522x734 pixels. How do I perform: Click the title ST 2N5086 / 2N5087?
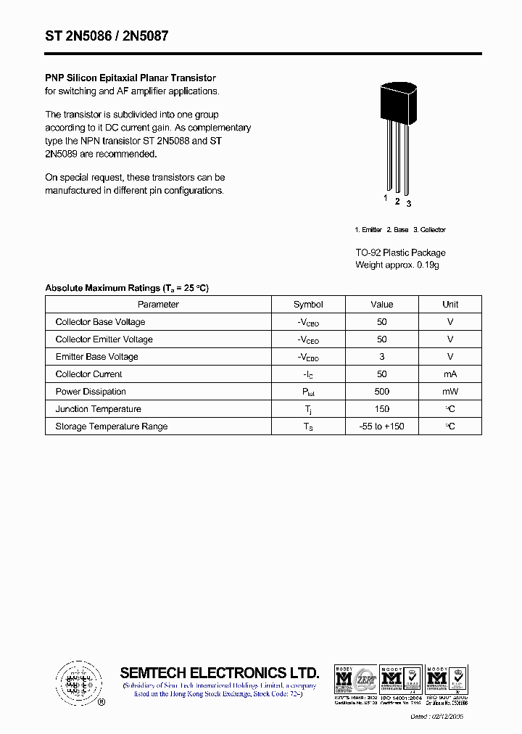click(107, 36)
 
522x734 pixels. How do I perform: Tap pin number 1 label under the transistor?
click(386, 198)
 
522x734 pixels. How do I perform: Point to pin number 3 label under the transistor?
click(409, 204)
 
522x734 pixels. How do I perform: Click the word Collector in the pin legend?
click(433, 230)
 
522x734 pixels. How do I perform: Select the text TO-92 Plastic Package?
click(400, 252)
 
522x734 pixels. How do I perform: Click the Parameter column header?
click(158, 305)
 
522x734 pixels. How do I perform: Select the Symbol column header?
click(308, 305)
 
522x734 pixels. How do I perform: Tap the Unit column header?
click(450, 305)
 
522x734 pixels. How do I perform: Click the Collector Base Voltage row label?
click(100, 322)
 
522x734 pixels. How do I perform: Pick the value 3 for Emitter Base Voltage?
click(382, 357)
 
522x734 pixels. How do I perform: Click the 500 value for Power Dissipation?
click(382, 392)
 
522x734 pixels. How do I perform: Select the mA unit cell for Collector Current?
click(450, 374)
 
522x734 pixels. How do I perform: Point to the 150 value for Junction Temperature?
click(382, 409)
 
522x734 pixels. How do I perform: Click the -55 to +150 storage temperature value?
click(382, 426)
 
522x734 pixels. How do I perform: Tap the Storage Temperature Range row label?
click(111, 426)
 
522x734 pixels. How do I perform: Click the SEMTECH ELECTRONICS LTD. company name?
click(219, 672)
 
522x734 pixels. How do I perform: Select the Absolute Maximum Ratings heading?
click(127, 288)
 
